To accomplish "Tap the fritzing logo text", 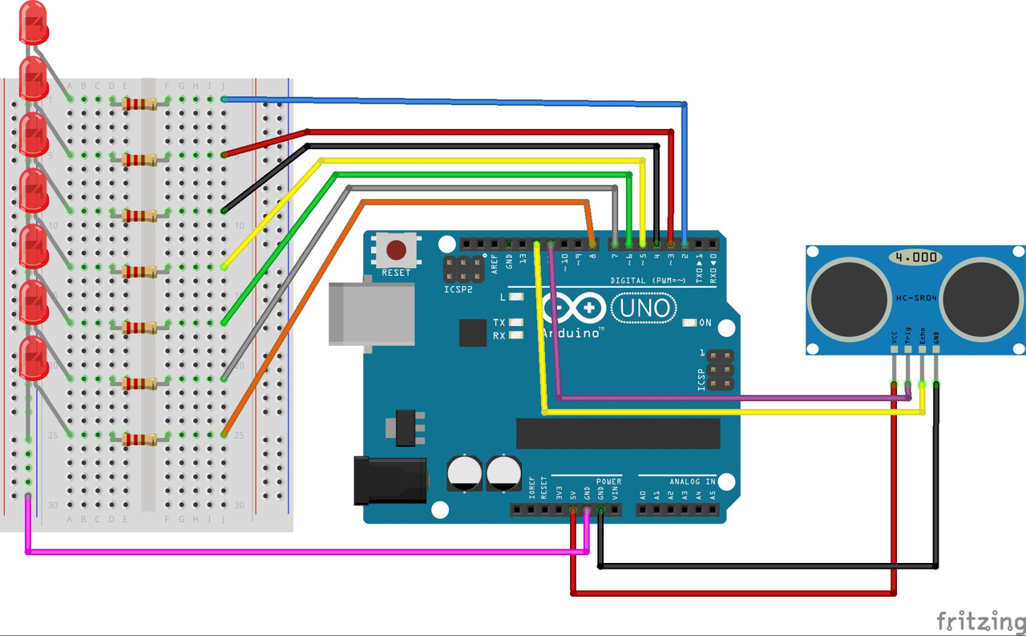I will tap(980, 620).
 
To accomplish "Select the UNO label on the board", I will tap(644, 307).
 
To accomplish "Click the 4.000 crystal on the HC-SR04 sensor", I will tap(915, 257).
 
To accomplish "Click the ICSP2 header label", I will tap(458, 290).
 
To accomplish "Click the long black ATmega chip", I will tap(618, 433).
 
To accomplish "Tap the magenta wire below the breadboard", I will tap(305, 552).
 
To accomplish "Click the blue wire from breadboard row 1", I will tap(449, 101).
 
